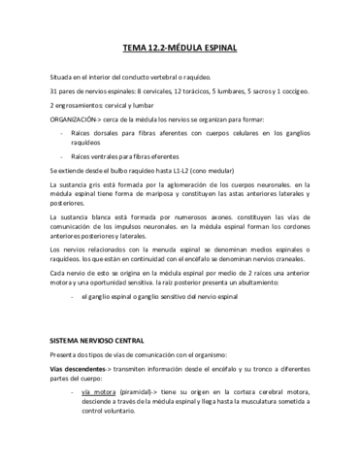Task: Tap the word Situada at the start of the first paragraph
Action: pyautogui.click(x=61, y=75)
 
